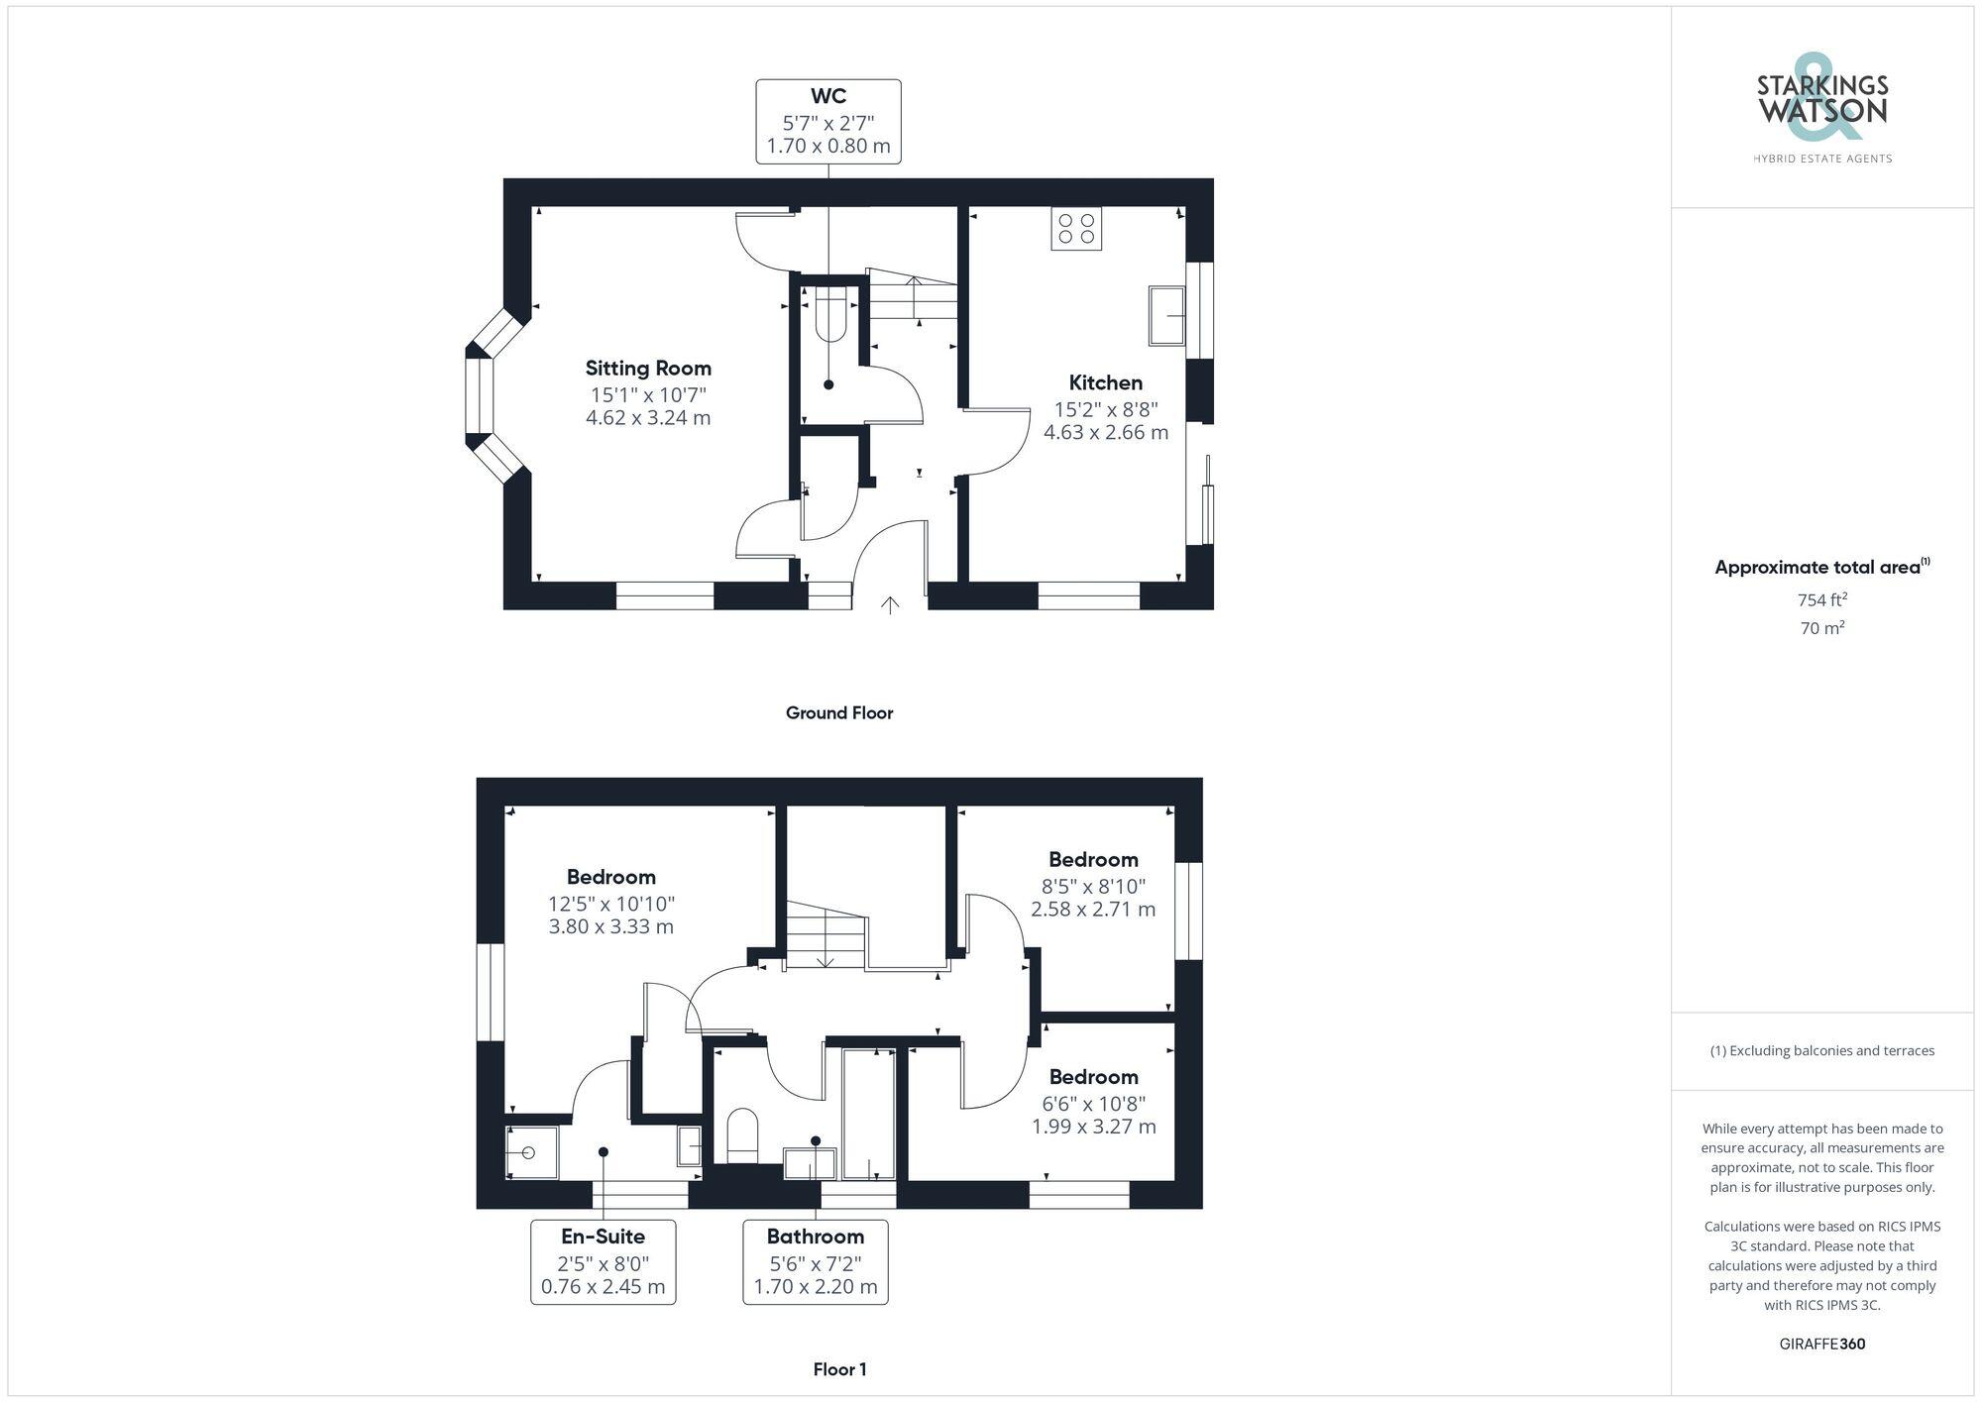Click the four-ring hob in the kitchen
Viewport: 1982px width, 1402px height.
1076,229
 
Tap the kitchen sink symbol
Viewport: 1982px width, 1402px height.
1166,315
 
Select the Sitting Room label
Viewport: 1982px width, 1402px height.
648,368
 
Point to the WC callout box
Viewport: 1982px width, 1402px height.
828,121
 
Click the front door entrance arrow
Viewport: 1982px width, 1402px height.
890,604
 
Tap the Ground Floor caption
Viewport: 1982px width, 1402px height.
839,712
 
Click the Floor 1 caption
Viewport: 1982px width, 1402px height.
839,1369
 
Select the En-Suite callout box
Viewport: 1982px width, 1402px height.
603,1261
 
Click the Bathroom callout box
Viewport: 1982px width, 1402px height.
816,1261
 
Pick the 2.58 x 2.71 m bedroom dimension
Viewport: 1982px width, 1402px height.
1093,909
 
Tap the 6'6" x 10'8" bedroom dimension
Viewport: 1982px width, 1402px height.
1093,1103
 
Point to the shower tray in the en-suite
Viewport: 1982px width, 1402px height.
531,1151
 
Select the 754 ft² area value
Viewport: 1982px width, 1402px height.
1822,599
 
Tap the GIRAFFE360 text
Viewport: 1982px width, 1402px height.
1822,1344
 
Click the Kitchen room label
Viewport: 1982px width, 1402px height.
1105,382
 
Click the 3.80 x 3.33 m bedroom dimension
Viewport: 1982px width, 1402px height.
610,926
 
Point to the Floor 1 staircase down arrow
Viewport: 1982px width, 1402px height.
826,957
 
